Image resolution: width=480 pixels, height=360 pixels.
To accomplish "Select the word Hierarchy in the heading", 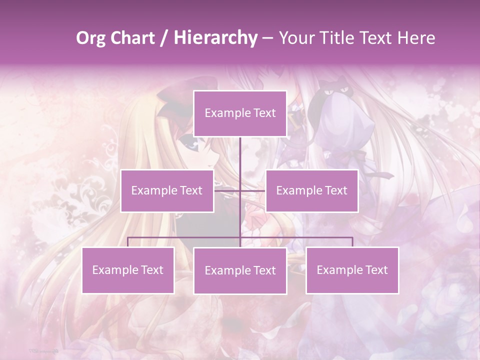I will [x=215, y=38].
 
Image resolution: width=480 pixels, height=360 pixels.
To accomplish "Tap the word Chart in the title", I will [x=134, y=38].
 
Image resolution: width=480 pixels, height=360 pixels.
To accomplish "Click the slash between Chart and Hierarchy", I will [x=163, y=38].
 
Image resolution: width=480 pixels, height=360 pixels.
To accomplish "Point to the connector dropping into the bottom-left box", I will [x=128, y=242].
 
